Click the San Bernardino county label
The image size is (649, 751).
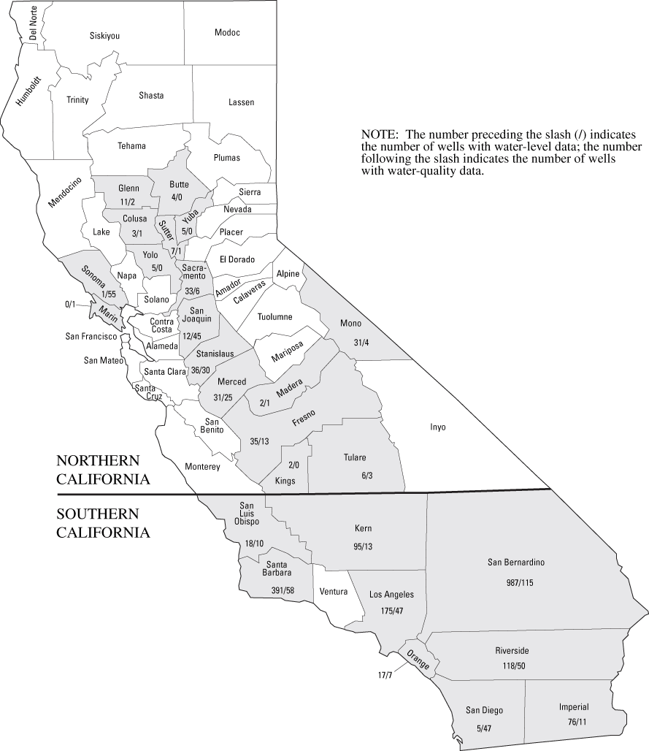(516, 563)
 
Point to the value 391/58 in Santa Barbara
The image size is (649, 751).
(281, 589)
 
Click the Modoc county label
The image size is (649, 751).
(227, 33)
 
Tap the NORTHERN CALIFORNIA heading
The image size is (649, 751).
(103, 470)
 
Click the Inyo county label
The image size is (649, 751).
(437, 427)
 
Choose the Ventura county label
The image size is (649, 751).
(333, 592)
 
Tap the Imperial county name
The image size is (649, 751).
(574, 707)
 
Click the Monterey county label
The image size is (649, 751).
(203, 467)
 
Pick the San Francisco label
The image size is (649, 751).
(92, 337)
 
